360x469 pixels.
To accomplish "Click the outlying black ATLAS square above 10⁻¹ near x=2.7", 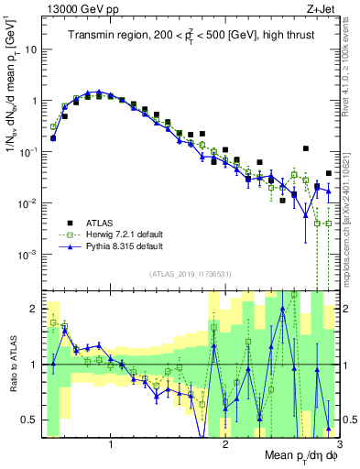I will pyautogui.click(x=306, y=148).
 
